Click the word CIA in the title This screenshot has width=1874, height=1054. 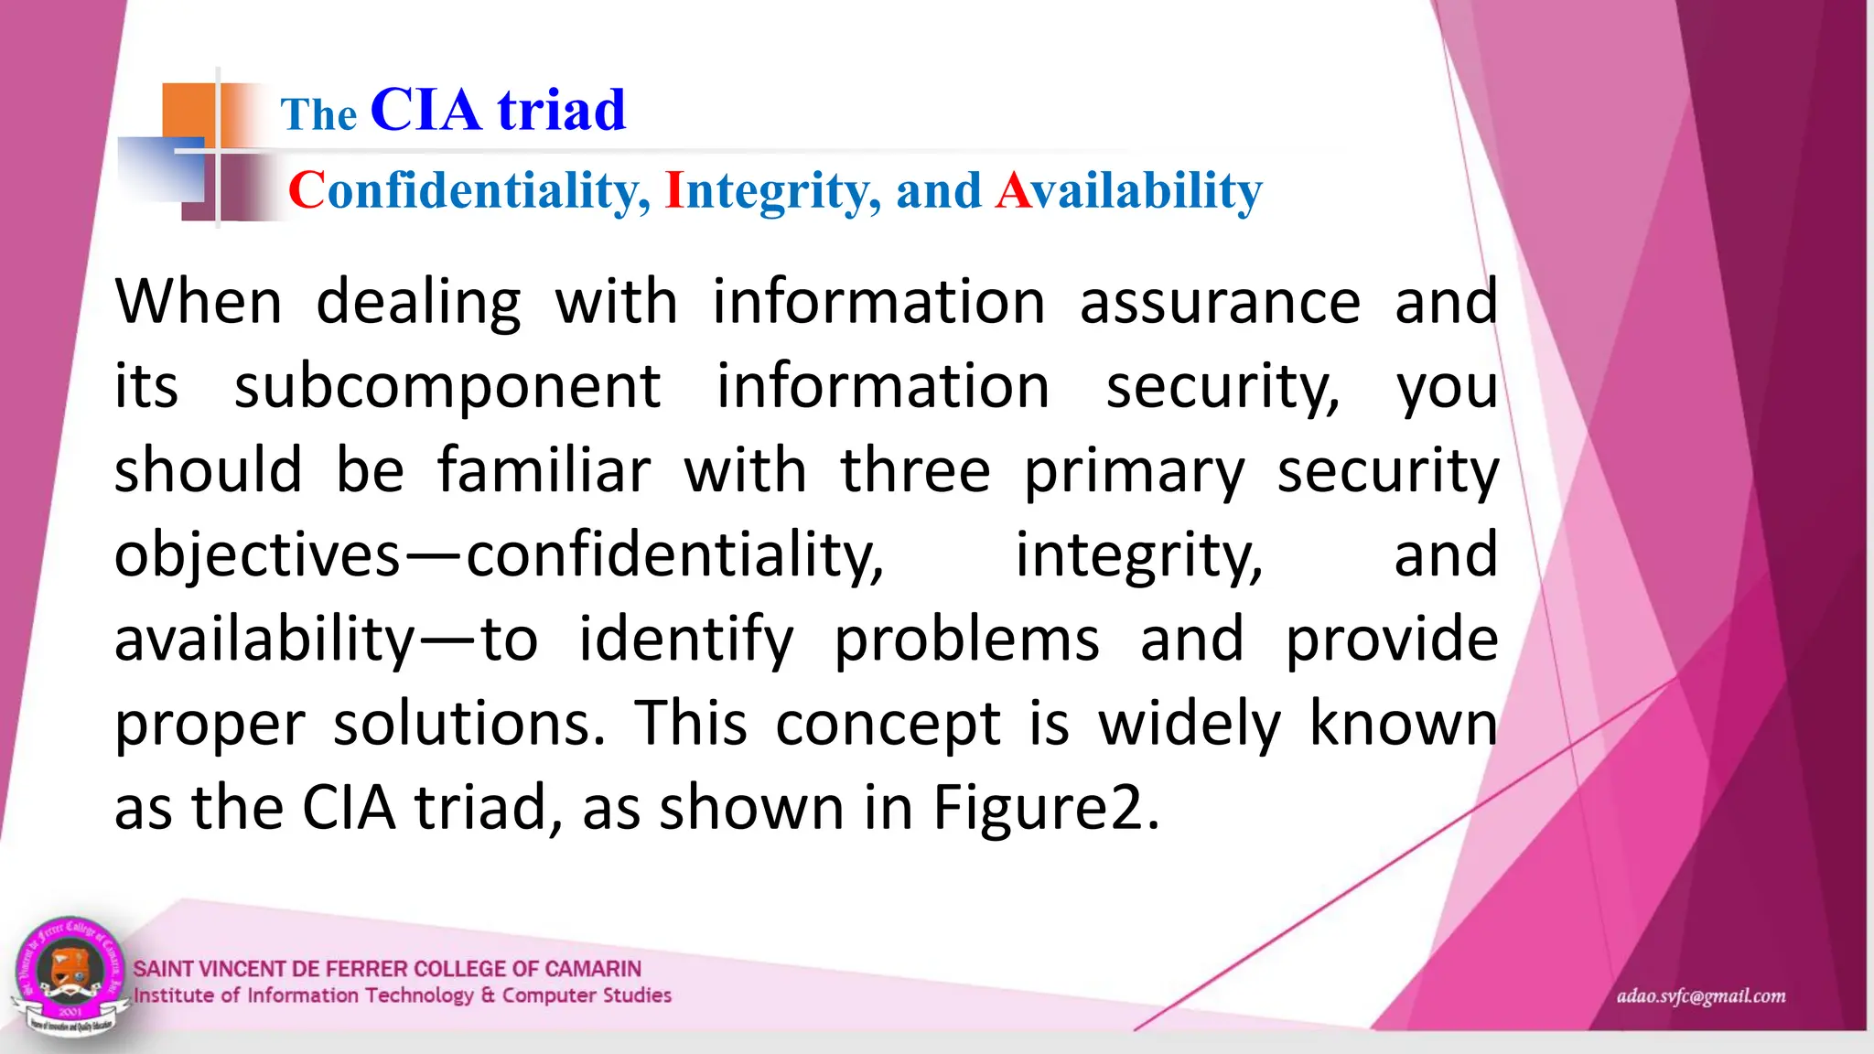pyautogui.click(x=425, y=111)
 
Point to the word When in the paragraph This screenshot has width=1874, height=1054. pyautogui.click(x=199, y=303)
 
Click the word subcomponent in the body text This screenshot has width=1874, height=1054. pyautogui.click(x=447, y=387)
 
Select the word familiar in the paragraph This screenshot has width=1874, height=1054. pyautogui.click(x=544, y=471)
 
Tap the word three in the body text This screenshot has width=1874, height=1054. pyautogui.click(x=915, y=471)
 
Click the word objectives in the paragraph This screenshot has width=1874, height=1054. pyautogui.click(x=257, y=556)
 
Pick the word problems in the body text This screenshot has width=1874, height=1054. pyautogui.click(x=966, y=640)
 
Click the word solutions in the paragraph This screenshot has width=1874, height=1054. pyautogui.click(x=468, y=725)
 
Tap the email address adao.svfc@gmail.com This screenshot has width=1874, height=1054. pyautogui.click(x=1700, y=995)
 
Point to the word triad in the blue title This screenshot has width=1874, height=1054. pyautogui.click(x=561, y=111)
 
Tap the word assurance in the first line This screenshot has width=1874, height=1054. pyautogui.click(x=1220, y=303)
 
